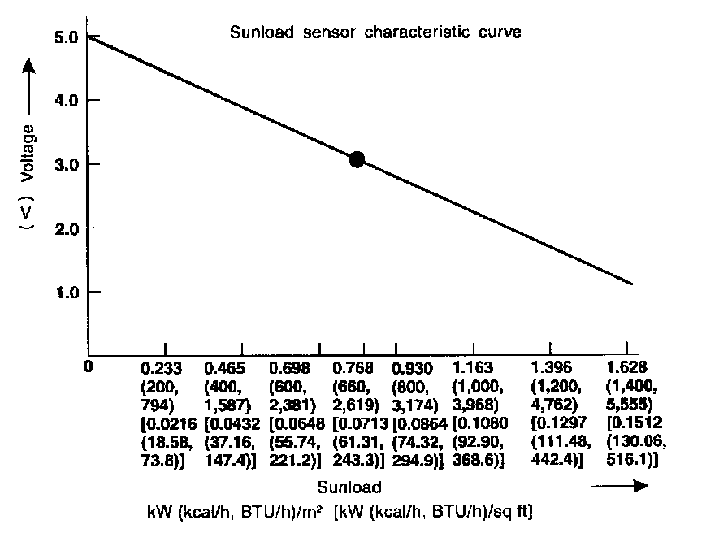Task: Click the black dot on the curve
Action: pyautogui.click(x=356, y=159)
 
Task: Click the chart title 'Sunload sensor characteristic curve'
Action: pyautogui.click(x=375, y=33)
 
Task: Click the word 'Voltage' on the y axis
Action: pyautogui.click(x=30, y=152)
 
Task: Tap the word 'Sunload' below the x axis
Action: pyautogui.click(x=350, y=487)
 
